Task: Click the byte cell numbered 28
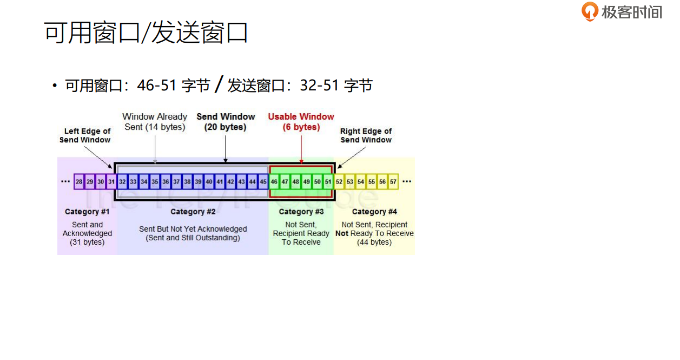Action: (x=79, y=182)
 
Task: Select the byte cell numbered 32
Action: (x=122, y=182)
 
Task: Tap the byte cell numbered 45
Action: (x=263, y=182)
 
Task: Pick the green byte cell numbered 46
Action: (x=274, y=182)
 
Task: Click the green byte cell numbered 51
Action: (x=328, y=182)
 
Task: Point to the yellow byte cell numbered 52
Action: (x=339, y=182)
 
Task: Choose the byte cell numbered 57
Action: (x=393, y=182)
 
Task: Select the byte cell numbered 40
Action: (x=209, y=182)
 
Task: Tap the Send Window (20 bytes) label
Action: (x=226, y=122)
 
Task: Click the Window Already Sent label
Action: (x=155, y=122)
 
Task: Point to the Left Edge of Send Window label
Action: (x=85, y=135)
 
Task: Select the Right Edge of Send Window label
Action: (x=366, y=135)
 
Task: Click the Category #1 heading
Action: (x=87, y=212)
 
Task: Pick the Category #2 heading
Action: (x=193, y=212)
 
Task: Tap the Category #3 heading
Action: (x=301, y=212)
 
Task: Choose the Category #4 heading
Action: (x=374, y=212)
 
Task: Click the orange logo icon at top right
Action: (x=590, y=11)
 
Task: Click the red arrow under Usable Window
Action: (x=301, y=148)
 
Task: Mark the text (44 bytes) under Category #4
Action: (x=374, y=242)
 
